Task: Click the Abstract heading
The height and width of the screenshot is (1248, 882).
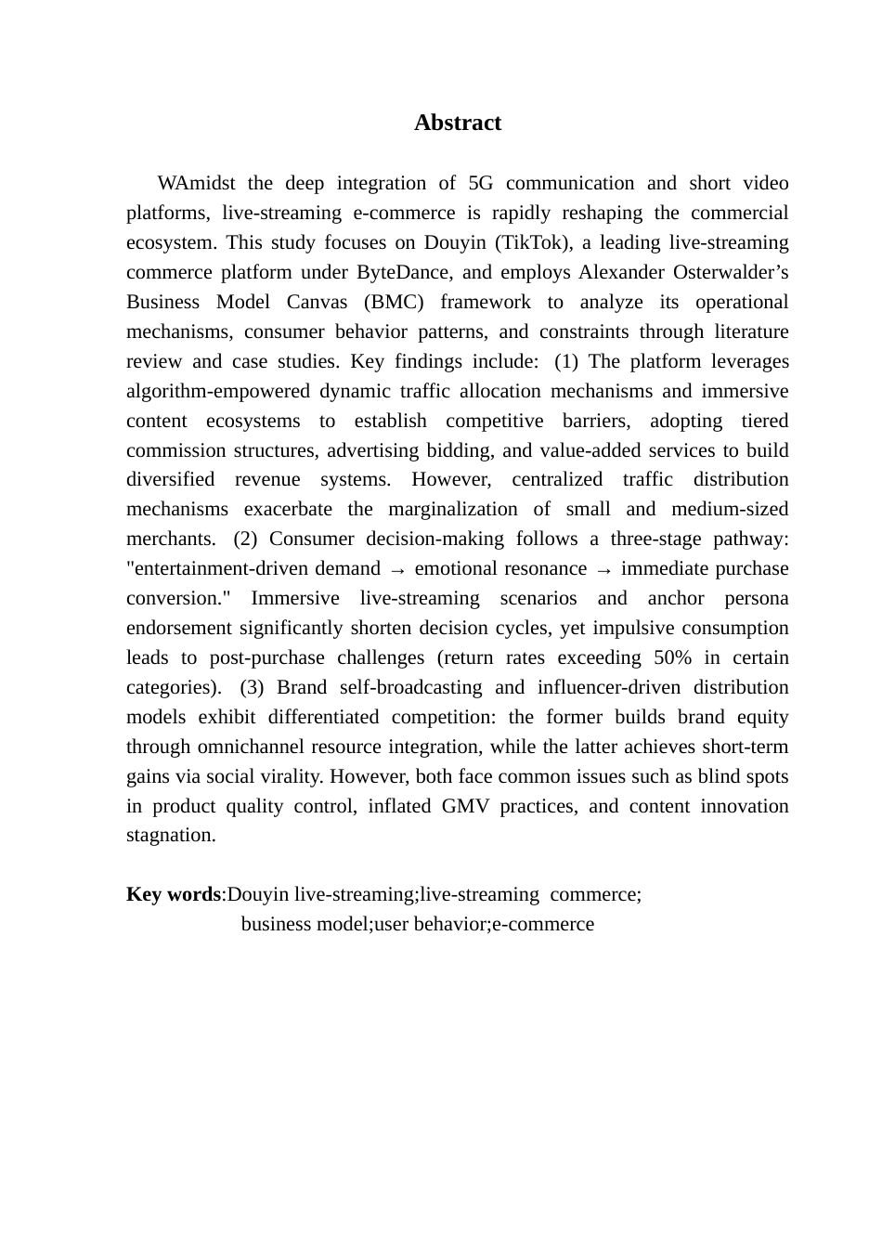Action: pos(458,123)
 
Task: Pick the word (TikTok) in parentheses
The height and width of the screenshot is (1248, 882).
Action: pos(528,242)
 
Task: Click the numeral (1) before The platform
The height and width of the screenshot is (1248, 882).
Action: pos(566,361)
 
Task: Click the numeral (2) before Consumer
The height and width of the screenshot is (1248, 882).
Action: pos(246,539)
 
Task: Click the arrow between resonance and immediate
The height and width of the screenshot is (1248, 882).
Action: pos(603,569)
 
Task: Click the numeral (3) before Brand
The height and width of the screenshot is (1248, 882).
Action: pos(253,687)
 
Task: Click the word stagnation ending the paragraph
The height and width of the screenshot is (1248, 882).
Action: pos(170,835)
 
